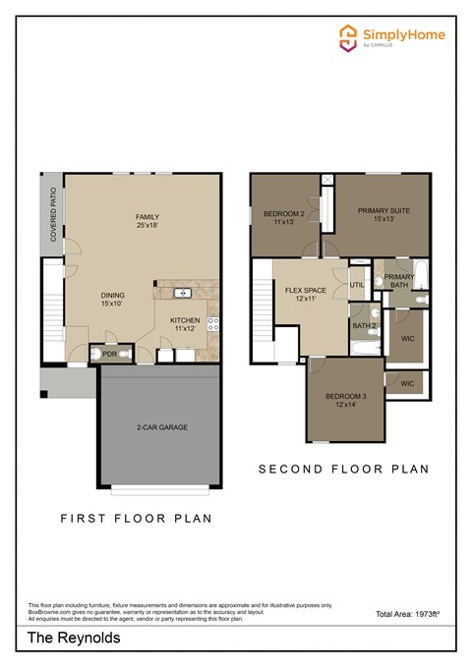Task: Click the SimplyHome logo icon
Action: coord(347,37)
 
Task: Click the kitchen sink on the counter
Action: coord(182,293)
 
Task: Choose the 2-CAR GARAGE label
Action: coord(162,427)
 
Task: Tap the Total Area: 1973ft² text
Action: coord(407,614)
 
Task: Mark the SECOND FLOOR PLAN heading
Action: coord(343,470)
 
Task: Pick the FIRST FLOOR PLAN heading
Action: coord(137,518)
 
